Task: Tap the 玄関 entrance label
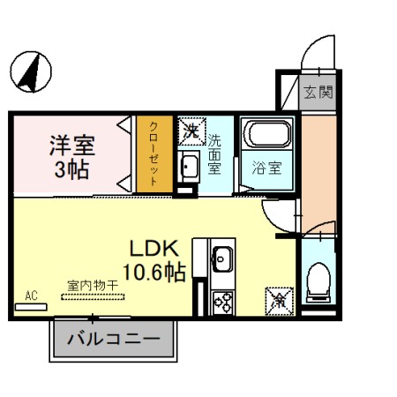[x=318, y=92]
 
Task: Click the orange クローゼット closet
[x=154, y=154]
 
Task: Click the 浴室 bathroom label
[x=266, y=168]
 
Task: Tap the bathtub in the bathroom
[x=266, y=137]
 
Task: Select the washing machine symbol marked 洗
[x=191, y=131]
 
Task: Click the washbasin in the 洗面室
[x=189, y=166]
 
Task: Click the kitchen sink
[x=222, y=259]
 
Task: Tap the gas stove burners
[x=221, y=301]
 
